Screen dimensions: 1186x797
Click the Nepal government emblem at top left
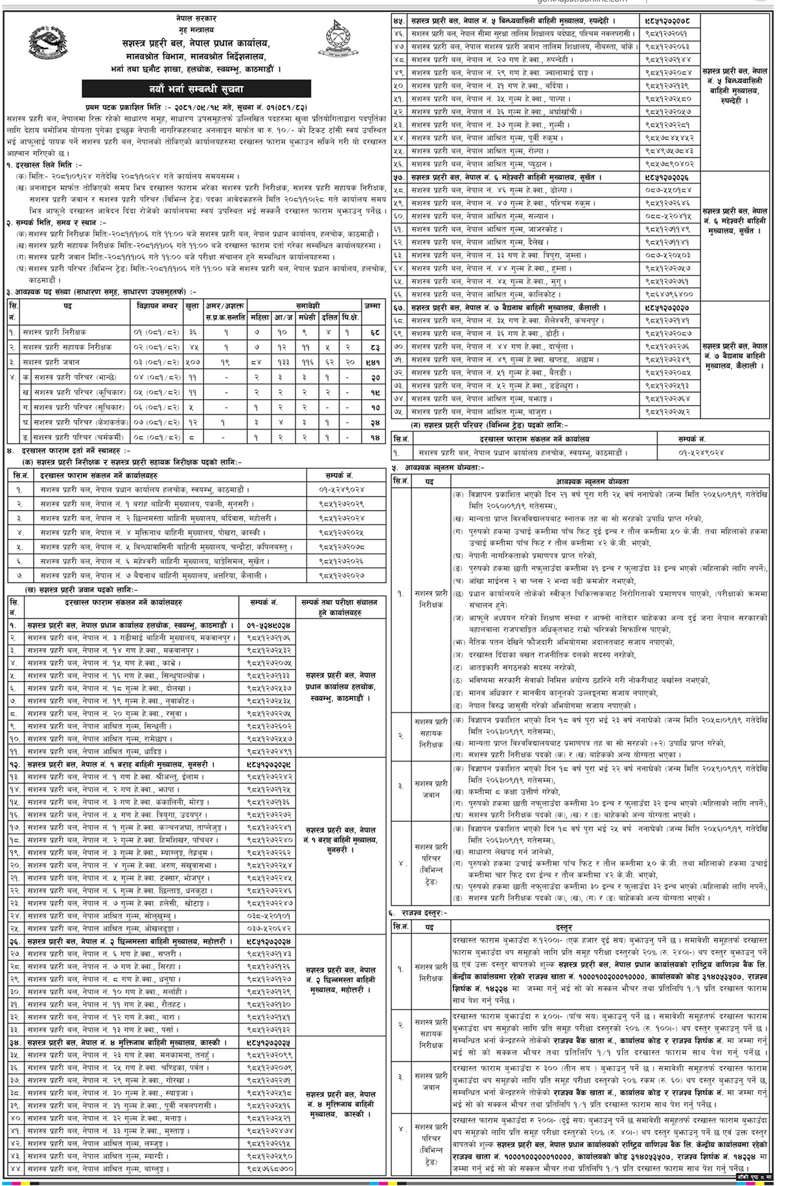click(49, 44)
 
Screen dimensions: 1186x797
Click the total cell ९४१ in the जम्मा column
click(371, 363)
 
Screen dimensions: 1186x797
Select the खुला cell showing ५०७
click(192, 363)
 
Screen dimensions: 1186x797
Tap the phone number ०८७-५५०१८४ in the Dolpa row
click(667, 190)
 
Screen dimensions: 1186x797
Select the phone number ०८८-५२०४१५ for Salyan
click(667, 216)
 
